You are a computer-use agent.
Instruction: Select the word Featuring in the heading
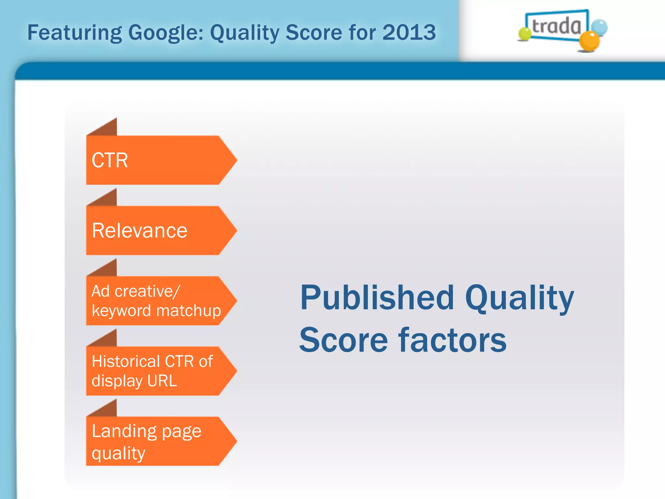[74, 33]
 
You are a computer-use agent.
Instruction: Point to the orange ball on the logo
[589, 41]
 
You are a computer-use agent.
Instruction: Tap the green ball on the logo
[524, 34]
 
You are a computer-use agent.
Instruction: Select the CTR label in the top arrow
[110, 160]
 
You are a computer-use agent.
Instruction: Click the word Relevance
[140, 231]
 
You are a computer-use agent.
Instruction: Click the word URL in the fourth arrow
[162, 381]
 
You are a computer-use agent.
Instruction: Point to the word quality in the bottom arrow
[118, 453]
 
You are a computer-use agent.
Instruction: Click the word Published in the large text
[377, 298]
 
